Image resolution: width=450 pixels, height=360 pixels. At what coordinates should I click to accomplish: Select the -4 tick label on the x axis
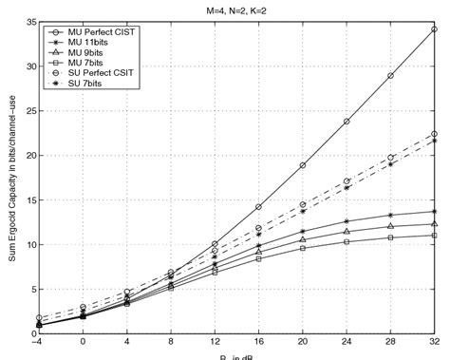[x=36, y=343]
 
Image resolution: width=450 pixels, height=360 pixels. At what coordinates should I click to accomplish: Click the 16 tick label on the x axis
[x=258, y=343]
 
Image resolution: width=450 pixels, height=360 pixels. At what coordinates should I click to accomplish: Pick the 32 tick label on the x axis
[x=434, y=343]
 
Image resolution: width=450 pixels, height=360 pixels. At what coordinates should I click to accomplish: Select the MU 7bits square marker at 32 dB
[x=435, y=235]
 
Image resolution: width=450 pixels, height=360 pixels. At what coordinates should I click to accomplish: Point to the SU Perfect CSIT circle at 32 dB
[x=435, y=134]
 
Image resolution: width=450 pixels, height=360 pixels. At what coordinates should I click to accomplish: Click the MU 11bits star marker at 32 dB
[x=435, y=211]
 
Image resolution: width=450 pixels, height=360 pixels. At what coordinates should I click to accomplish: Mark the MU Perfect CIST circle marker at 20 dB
[x=303, y=165]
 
